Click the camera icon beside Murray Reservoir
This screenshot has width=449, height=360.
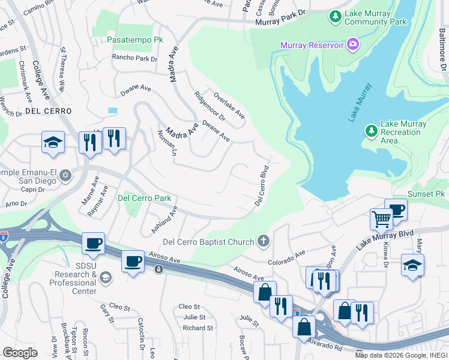[354, 45]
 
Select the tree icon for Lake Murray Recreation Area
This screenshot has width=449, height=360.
[372, 130]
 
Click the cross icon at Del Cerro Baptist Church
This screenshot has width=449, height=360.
[262, 241]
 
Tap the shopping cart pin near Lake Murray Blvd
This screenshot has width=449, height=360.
[381, 219]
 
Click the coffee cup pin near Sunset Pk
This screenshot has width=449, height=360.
[396, 210]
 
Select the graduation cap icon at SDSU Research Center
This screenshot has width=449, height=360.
[106, 277]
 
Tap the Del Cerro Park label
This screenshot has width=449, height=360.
[144, 198]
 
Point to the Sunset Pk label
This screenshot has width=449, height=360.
[426, 194]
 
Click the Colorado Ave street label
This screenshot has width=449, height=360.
[287, 258]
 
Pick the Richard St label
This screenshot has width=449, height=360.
[197, 328]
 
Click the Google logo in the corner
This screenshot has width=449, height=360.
[20, 352]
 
